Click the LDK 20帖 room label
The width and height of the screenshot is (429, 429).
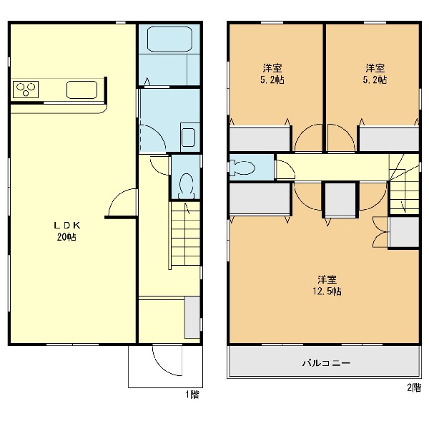tap(66, 231)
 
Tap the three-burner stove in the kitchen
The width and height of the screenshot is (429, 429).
tap(26, 90)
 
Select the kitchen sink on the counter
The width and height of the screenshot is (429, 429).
tap(82, 90)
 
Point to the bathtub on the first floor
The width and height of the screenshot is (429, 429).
tap(169, 39)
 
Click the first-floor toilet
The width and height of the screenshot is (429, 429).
tap(187, 185)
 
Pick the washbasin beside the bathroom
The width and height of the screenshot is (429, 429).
tap(189, 137)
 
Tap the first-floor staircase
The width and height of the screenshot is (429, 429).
tap(185, 233)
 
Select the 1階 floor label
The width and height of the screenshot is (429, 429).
tap(192, 395)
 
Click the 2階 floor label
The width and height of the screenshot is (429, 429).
tap(414, 387)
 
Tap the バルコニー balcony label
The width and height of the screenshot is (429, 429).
tap(326, 363)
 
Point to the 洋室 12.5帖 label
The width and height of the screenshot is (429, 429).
tap(327, 285)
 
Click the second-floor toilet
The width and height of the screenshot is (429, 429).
tap(242, 167)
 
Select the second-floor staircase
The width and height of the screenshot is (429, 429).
tap(404, 184)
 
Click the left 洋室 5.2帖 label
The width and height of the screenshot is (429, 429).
tap(272, 74)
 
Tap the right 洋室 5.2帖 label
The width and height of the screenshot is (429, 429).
tap(375, 74)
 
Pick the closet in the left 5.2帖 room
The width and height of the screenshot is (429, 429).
tap(260, 139)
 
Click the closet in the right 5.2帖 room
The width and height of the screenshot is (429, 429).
tap(389, 139)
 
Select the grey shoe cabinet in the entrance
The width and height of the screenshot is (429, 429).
tap(192, 317)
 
